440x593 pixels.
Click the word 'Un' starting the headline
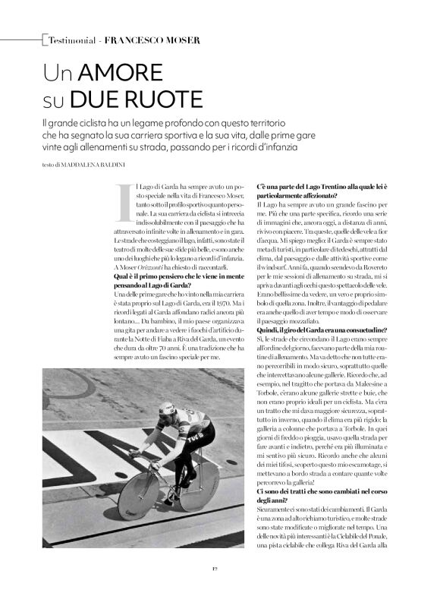point(58,73)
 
